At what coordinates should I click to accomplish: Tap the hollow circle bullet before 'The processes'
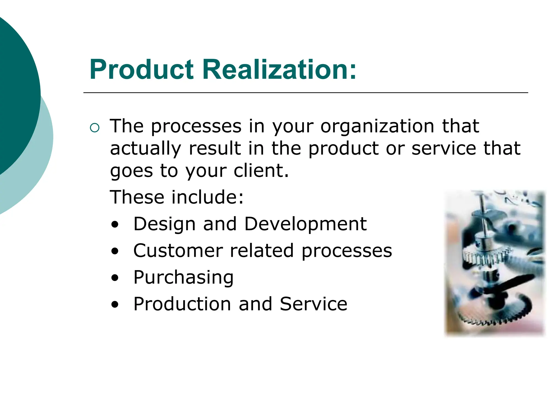(x=94, y=127)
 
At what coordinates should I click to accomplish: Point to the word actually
(x=145, y=149)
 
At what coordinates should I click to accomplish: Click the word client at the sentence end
(x=261, y=171)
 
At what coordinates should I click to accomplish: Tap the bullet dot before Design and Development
(x=115, y=225)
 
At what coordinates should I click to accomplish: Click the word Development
(x=305, y=224)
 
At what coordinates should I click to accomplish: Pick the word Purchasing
(x=184, y=277)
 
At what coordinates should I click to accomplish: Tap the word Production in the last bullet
(x=182, y=304)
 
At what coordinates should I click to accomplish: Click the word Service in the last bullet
(x=313, y=304)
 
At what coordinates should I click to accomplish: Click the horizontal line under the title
(x=305, y=93)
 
